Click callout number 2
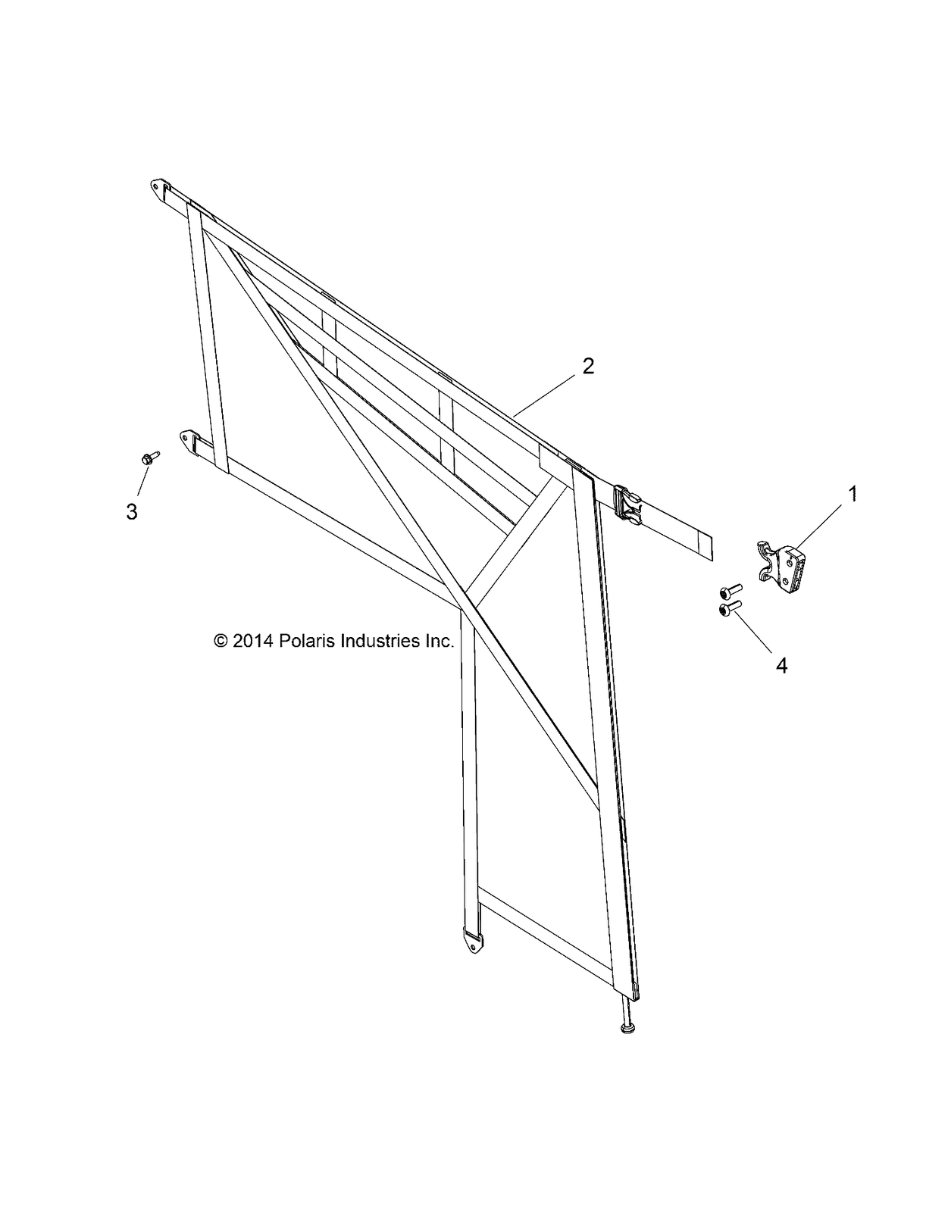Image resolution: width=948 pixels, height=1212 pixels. (588, 367)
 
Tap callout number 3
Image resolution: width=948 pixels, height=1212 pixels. (132, 512)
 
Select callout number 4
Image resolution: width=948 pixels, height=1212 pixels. (782, 666)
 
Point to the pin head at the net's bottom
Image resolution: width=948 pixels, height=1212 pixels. (627, 1028)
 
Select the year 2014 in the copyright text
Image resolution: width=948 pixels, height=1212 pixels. (254, 641)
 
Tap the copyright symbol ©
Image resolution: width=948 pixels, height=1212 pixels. (221, 642)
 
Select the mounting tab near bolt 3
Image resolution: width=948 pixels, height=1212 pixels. (189, 439)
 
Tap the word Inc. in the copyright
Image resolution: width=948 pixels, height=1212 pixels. (439, 641)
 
